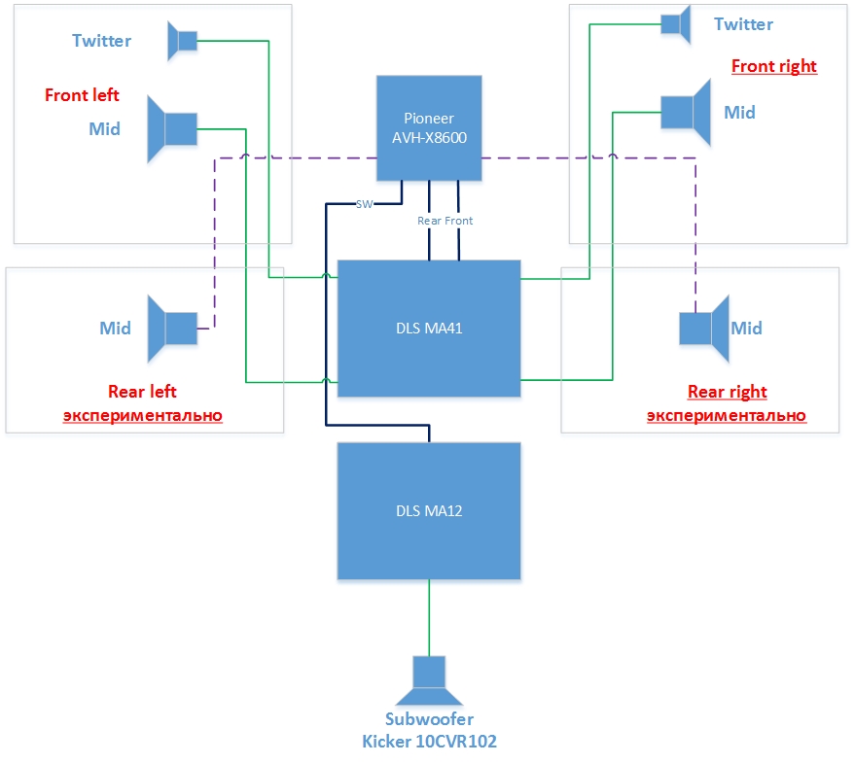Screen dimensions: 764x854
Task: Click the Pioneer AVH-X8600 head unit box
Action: coord(428,128)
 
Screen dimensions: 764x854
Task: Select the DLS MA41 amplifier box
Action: coord(428,328)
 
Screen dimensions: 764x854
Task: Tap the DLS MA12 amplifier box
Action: coord(428,510)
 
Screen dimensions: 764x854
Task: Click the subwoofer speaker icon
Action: coord(429,680)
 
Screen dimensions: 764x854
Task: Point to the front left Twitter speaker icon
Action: coord(182,40)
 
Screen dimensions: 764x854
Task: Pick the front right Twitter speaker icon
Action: coord(675,23)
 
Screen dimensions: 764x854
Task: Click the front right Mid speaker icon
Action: coord(687,112)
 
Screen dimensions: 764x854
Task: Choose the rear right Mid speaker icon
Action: coord(703,329)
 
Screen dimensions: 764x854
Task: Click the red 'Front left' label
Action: coord(82,95)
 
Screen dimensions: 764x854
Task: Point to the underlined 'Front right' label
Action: coord(773,66)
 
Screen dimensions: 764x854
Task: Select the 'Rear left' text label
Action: coord(142,392)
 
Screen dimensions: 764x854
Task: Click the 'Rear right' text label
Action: coord(727,392)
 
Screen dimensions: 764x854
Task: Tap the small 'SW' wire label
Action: coord(364,204)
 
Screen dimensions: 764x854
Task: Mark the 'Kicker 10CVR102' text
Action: coord(429,741)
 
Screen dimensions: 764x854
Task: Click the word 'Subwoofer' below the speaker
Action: coord(429,719)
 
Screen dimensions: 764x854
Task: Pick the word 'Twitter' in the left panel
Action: coord(101,40)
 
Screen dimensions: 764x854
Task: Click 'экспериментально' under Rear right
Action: coord(727,415)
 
